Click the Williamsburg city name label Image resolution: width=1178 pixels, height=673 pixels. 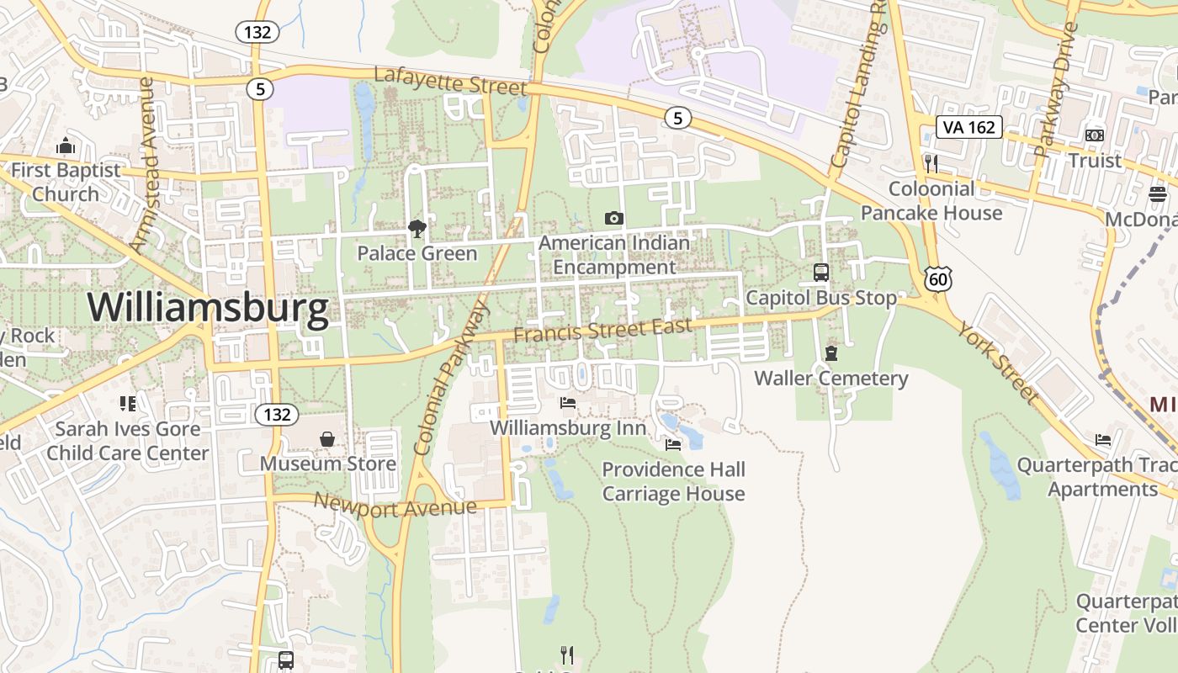pos(208,308)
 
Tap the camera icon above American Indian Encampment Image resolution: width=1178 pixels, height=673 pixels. pos(614,219)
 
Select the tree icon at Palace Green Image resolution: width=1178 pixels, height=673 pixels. pos(417,229)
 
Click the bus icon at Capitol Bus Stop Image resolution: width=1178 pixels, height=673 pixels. pos(820,273)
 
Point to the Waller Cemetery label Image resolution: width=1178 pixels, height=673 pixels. pos(830,378)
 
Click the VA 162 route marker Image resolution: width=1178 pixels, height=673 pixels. pos(969,127)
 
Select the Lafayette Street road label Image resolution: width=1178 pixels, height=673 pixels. pos(449,82)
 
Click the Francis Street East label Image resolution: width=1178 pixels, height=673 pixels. pos(602,330)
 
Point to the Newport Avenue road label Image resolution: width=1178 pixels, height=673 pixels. pos(395,506)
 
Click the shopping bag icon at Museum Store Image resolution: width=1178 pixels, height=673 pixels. pos(327,439)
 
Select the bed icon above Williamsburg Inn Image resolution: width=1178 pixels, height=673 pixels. pos(568,403)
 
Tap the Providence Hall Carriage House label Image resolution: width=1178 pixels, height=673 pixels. pos(673,481)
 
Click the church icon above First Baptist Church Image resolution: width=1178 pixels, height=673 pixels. pos(66,146)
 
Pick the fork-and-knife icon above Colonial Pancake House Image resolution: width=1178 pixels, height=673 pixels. pos(931,162)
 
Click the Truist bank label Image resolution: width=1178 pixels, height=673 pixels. pos(1094,160)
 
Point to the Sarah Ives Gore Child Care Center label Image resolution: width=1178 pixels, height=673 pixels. pos(127,441)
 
